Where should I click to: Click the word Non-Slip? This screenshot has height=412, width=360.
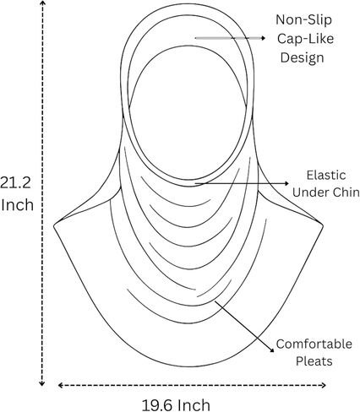click(303, 19)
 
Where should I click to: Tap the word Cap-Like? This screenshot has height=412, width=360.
click(305, 39)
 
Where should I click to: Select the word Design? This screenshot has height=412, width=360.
click(303, 57)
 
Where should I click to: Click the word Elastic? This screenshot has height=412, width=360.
click(326, 175)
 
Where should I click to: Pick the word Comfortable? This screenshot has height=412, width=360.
click(314, 344)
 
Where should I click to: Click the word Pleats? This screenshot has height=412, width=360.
click(314, 361)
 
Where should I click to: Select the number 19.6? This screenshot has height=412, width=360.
click(157, 405)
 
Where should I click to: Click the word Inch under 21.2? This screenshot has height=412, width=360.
click(17, 204)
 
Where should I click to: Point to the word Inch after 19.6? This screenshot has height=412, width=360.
click(194, 405)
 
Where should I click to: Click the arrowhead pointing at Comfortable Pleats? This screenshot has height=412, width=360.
click(271, 350)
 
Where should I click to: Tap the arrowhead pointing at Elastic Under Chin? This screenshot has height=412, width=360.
click(286, 183)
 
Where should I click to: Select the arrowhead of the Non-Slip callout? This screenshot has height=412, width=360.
click(263, 38)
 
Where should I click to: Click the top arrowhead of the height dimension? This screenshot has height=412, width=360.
click(42, 3)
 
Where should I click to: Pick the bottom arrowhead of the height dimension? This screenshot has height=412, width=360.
click(42, 383)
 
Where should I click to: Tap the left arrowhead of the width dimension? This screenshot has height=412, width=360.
click(61, 385)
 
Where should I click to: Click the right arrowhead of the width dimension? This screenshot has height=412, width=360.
click(323, 385)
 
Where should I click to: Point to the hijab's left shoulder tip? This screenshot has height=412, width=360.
click(54, 225)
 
